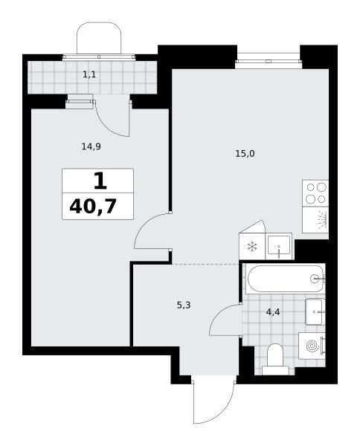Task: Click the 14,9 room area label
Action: tap(91, 146)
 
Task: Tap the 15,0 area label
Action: tap(245, 154)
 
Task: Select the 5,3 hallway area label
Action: tap(184, 306)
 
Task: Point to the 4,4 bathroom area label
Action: tap(273, 312)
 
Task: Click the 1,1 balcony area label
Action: tap(89, 75)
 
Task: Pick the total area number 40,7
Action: tap(93, 206)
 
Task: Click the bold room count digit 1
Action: tap(100, 181)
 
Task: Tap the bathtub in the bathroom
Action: tap(286, 279)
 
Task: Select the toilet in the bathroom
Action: tap(275, 360)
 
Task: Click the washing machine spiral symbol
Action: tap(312, 346)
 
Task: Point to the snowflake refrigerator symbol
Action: tap(252, 247)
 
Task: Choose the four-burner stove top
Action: tap(315, 193)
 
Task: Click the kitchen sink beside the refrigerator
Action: tap(279, 246)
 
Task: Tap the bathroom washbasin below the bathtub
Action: tap(315, 311)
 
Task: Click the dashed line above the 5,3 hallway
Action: tap(205, 264)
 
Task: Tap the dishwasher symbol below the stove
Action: tap(315, 220)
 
